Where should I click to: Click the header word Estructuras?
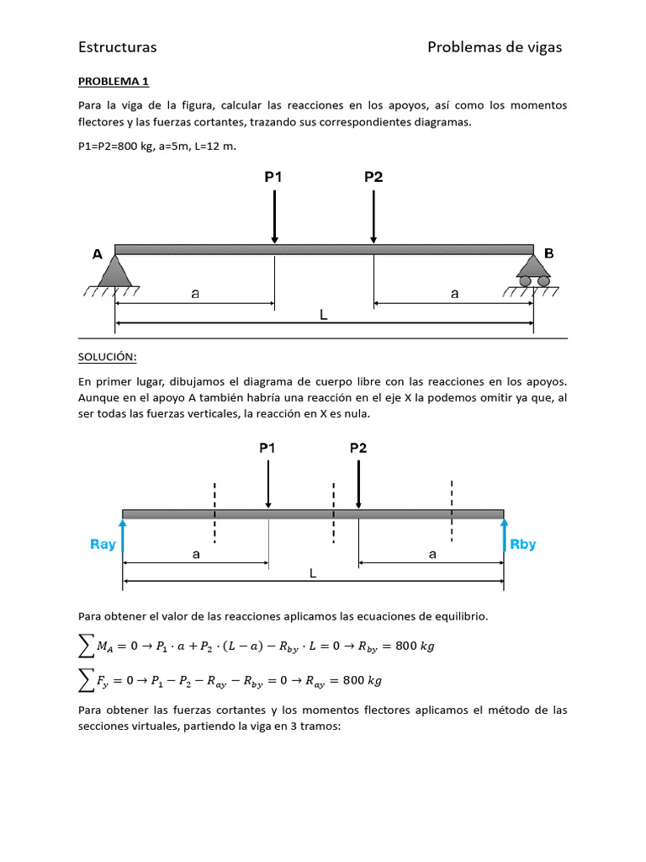pos(117,47)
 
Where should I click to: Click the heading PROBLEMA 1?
pos(113,82)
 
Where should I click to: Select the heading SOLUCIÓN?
pos(107,357)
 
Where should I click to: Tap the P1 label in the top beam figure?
pos(274,177)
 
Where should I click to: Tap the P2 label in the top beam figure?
pos(373,177)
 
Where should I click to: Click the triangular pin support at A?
pos(114,271)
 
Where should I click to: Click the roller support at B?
pos(533,272)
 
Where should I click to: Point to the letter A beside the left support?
pos(98,253)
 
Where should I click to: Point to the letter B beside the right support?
pos(549,253)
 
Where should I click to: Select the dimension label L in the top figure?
pos(323,313)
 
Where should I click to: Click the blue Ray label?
pos(103,545)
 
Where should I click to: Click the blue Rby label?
pos(523,545)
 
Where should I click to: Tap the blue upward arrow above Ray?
pos(123,535)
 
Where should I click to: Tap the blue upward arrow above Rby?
pos(504,535)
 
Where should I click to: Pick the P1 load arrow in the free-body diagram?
pos(268,484)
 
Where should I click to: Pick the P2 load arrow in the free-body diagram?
pos(358,484)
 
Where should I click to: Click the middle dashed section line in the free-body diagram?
pos(334,513)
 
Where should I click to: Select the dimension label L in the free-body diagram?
pos(313,573)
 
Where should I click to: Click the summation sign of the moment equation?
pos(85,646)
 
